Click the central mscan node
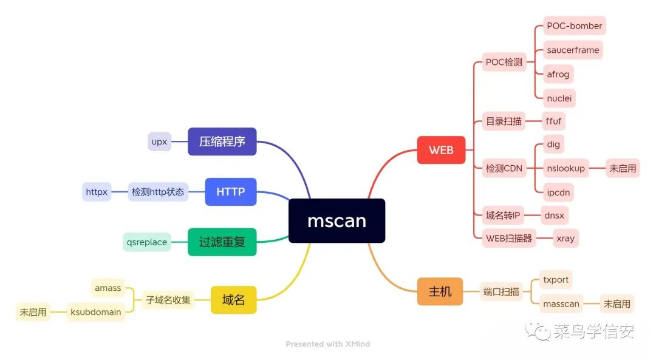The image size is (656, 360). coord(337,220)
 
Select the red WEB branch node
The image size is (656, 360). coord(441,149)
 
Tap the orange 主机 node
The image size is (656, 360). coord(440,291)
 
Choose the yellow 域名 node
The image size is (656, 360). coord(233,299)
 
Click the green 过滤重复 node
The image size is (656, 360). coord(222,242)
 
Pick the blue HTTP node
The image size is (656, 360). coord(230,192)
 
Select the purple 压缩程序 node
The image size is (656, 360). coord(222,141)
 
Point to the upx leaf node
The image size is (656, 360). coord(159,141)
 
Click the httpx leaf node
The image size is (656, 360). coord(97,192)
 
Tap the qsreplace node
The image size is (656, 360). coord(146,242)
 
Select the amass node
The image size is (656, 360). coord(108,288)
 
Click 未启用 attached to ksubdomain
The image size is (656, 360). coord(33,312)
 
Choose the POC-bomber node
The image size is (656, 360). coord(574,26)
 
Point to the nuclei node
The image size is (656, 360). coord(559,98)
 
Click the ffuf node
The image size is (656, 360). coord(553,121)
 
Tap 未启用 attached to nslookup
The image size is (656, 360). coord(623,168)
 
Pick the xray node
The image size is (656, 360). coord(565,238)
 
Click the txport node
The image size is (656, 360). coord(556,280)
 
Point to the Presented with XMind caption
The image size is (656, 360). coord(327,344)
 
